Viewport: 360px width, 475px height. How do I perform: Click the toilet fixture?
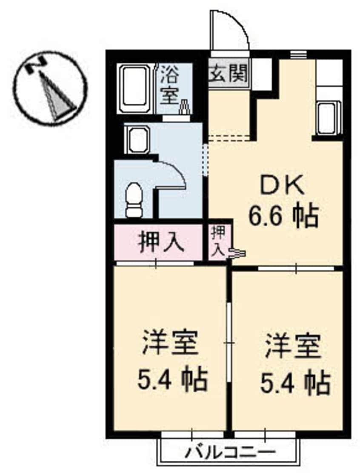tap(134, 200)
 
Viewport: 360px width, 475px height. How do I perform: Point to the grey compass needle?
tap(57, 97)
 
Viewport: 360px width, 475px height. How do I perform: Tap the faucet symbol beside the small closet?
tap(237, 254)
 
